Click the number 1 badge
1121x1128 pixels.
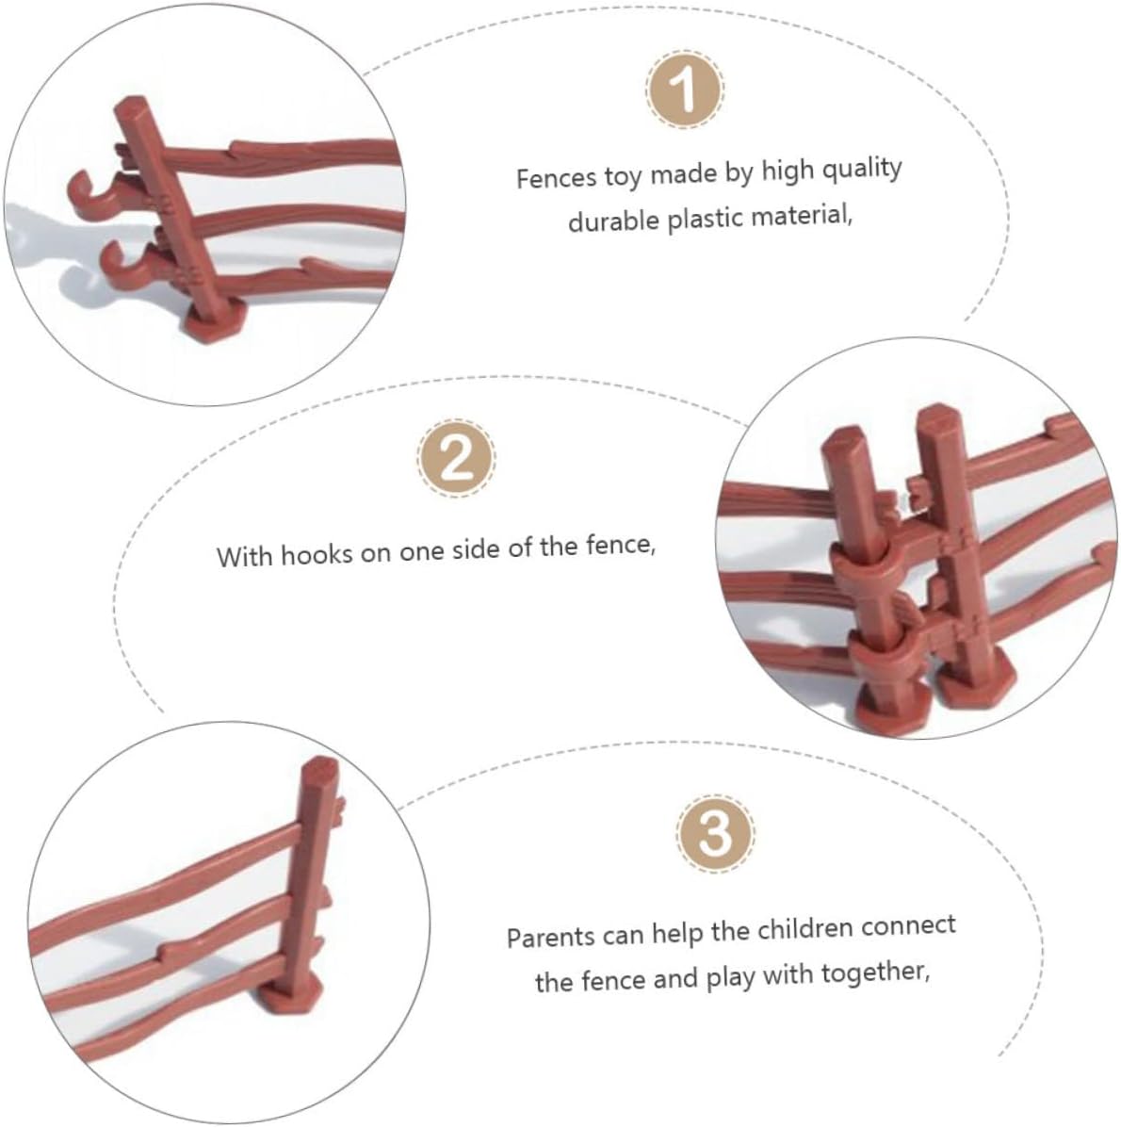coord(684,90)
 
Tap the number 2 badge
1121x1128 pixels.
coord(456,458)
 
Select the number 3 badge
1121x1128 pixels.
coord(715,834)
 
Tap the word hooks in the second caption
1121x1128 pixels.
coord(317,555)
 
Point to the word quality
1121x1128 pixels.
coord(861,170)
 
